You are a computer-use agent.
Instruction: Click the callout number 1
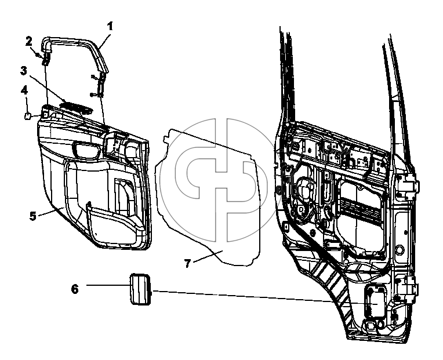coord(110,26)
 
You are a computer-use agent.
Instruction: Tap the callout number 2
coord(29,41)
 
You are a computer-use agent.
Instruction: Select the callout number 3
coord(24,71)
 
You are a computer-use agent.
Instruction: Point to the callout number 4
coord(24,90)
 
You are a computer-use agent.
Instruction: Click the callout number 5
coord(33,216)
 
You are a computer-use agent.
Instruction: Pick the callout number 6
coord(75,289)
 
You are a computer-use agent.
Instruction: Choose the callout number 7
coord(188,263)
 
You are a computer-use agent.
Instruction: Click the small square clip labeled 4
coord(27,116)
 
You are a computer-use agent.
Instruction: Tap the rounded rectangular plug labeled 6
coord(140,289)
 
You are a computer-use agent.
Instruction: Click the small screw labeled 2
coord(37,54)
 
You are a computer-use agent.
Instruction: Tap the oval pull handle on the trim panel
coord(87,149)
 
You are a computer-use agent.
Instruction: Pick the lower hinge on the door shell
coord(408,289)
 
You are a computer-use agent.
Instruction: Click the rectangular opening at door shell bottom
coord(375,301)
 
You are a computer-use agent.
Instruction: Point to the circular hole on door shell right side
coord(400,250)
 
